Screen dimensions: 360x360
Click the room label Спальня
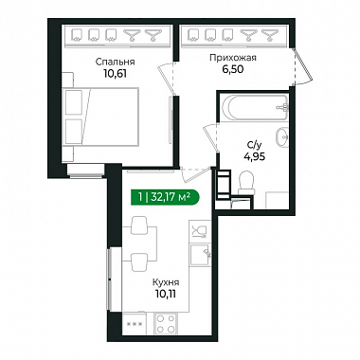[x=115, y=62]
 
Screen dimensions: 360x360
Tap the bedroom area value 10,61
[x=115, y=74]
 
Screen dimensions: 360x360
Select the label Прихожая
[x=233, y=58]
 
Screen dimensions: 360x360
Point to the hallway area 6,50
[x=233, y=69]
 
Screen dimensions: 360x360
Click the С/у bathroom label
[x=254, y=146]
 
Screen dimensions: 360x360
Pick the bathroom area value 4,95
[x=254, y=156]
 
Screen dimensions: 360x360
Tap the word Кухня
[x=166, y=282]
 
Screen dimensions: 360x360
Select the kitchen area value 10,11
[x=166, y=294]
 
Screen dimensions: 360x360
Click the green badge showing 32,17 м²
[x=165, y=198]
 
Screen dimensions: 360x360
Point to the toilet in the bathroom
[x=246, y=183]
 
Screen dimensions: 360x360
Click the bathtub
[x=253, y=108]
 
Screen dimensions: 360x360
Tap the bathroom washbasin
[x=281, y=137]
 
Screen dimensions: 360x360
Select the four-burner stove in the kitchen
[x=165, y=323]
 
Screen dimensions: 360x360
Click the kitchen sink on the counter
[x=200, y=255]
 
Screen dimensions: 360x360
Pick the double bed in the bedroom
[x=100, y=117]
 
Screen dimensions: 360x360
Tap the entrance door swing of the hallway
[x=302, y=66]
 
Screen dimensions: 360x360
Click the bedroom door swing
[x=167, y=78]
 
